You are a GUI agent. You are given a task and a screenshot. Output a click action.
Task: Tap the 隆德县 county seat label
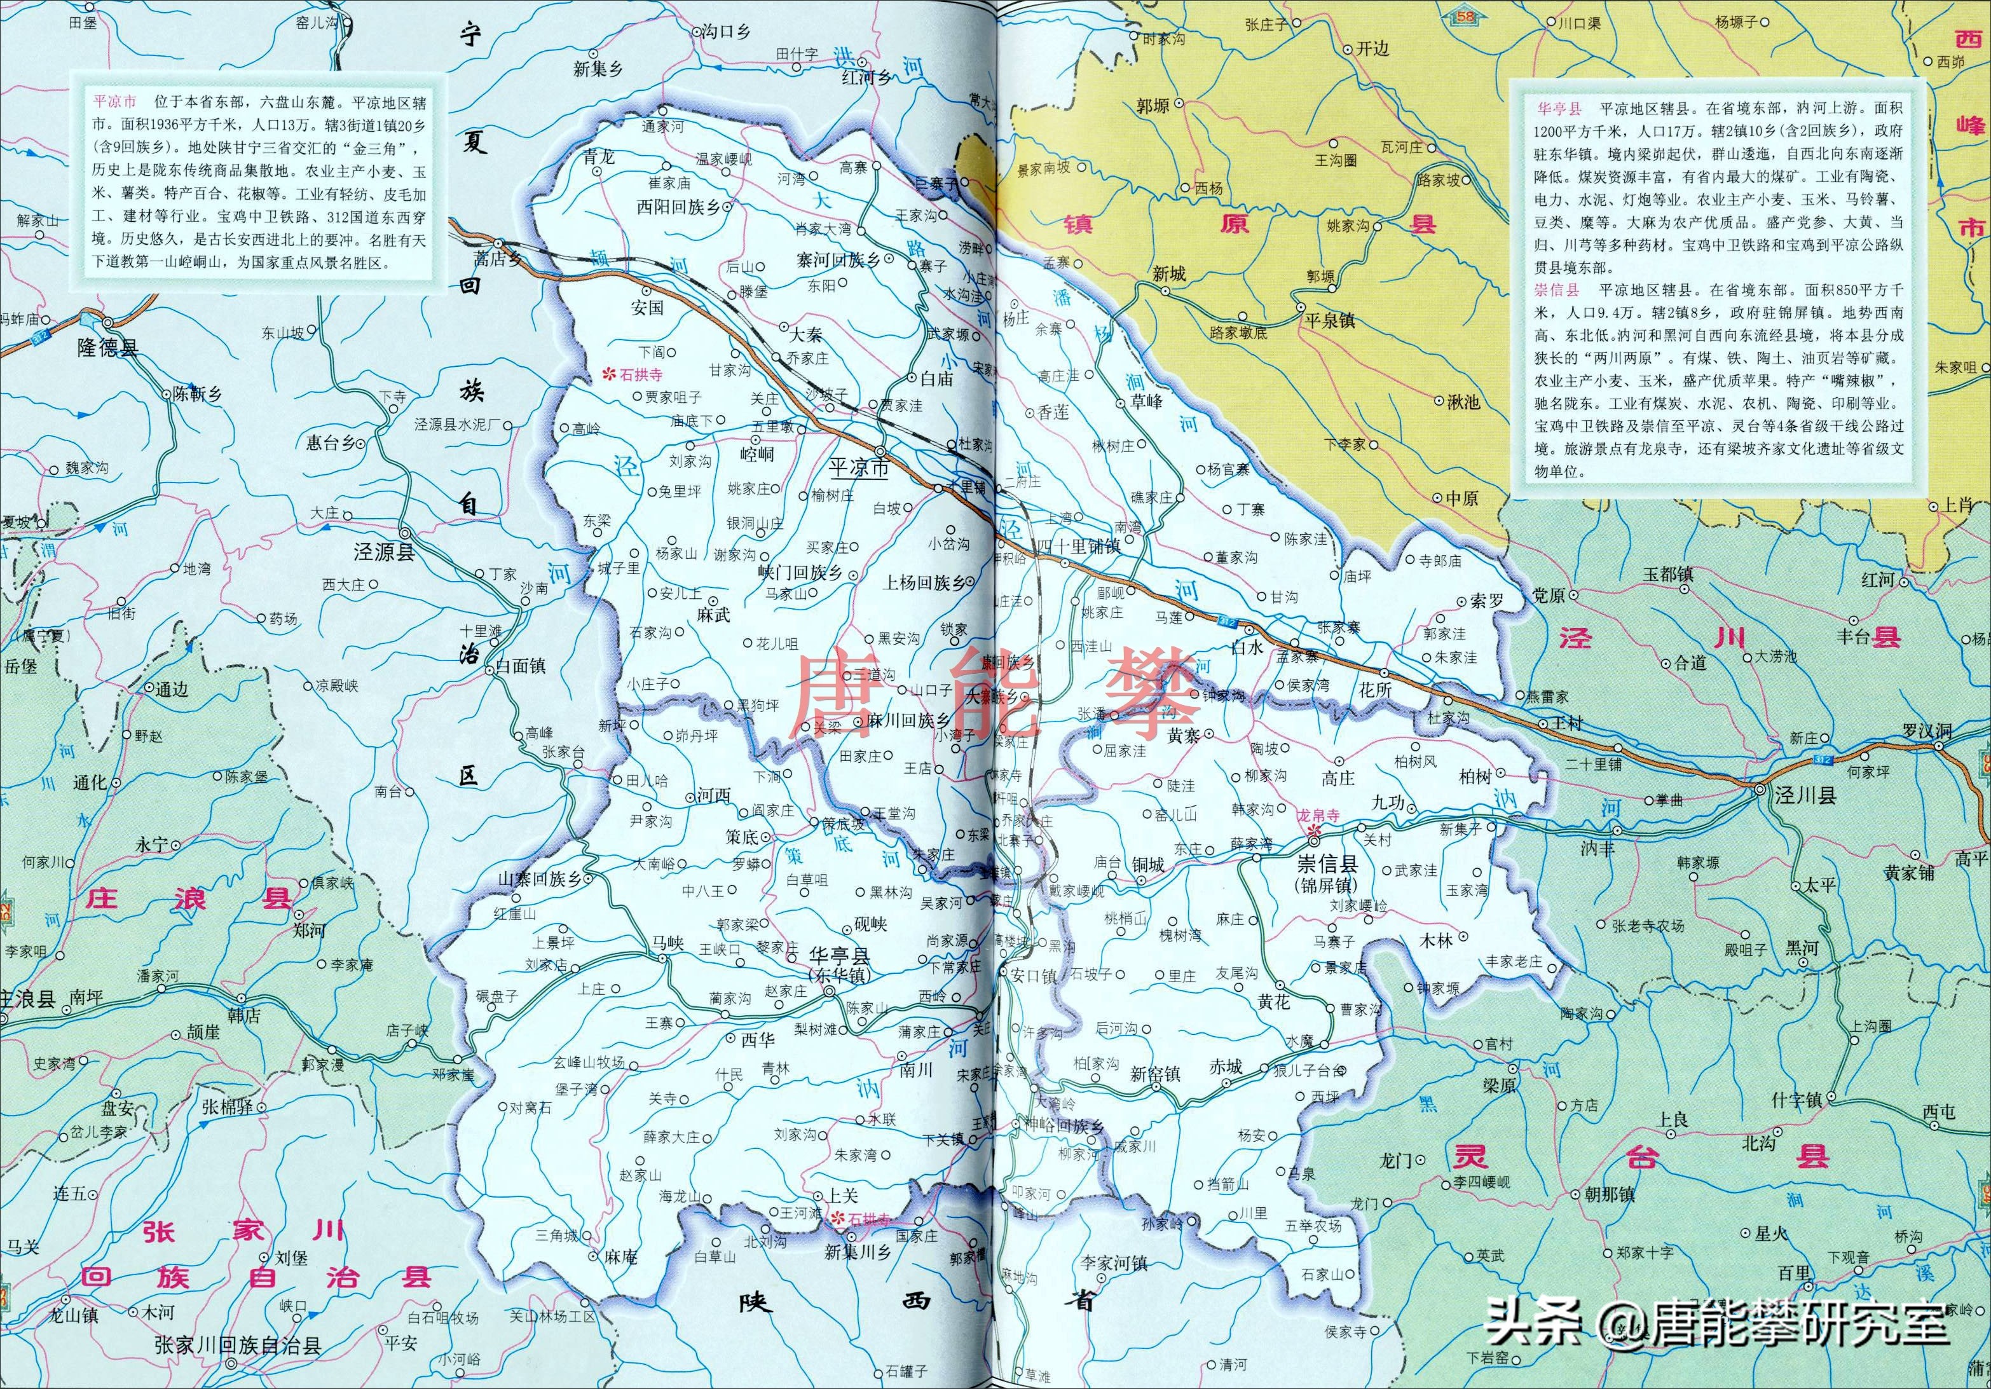[x=107, y=348]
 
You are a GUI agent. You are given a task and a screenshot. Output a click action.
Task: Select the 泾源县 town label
[x=383, y=552]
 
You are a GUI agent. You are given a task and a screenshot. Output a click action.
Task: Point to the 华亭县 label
[x=838, y=956]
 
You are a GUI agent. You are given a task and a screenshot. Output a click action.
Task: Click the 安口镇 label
[x=1033, y=975]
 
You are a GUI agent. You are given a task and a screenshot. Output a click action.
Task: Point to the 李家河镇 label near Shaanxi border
[x=1114, y=1263]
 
